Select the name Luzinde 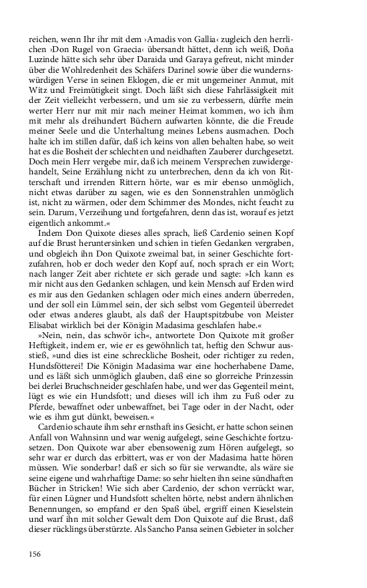45,54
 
